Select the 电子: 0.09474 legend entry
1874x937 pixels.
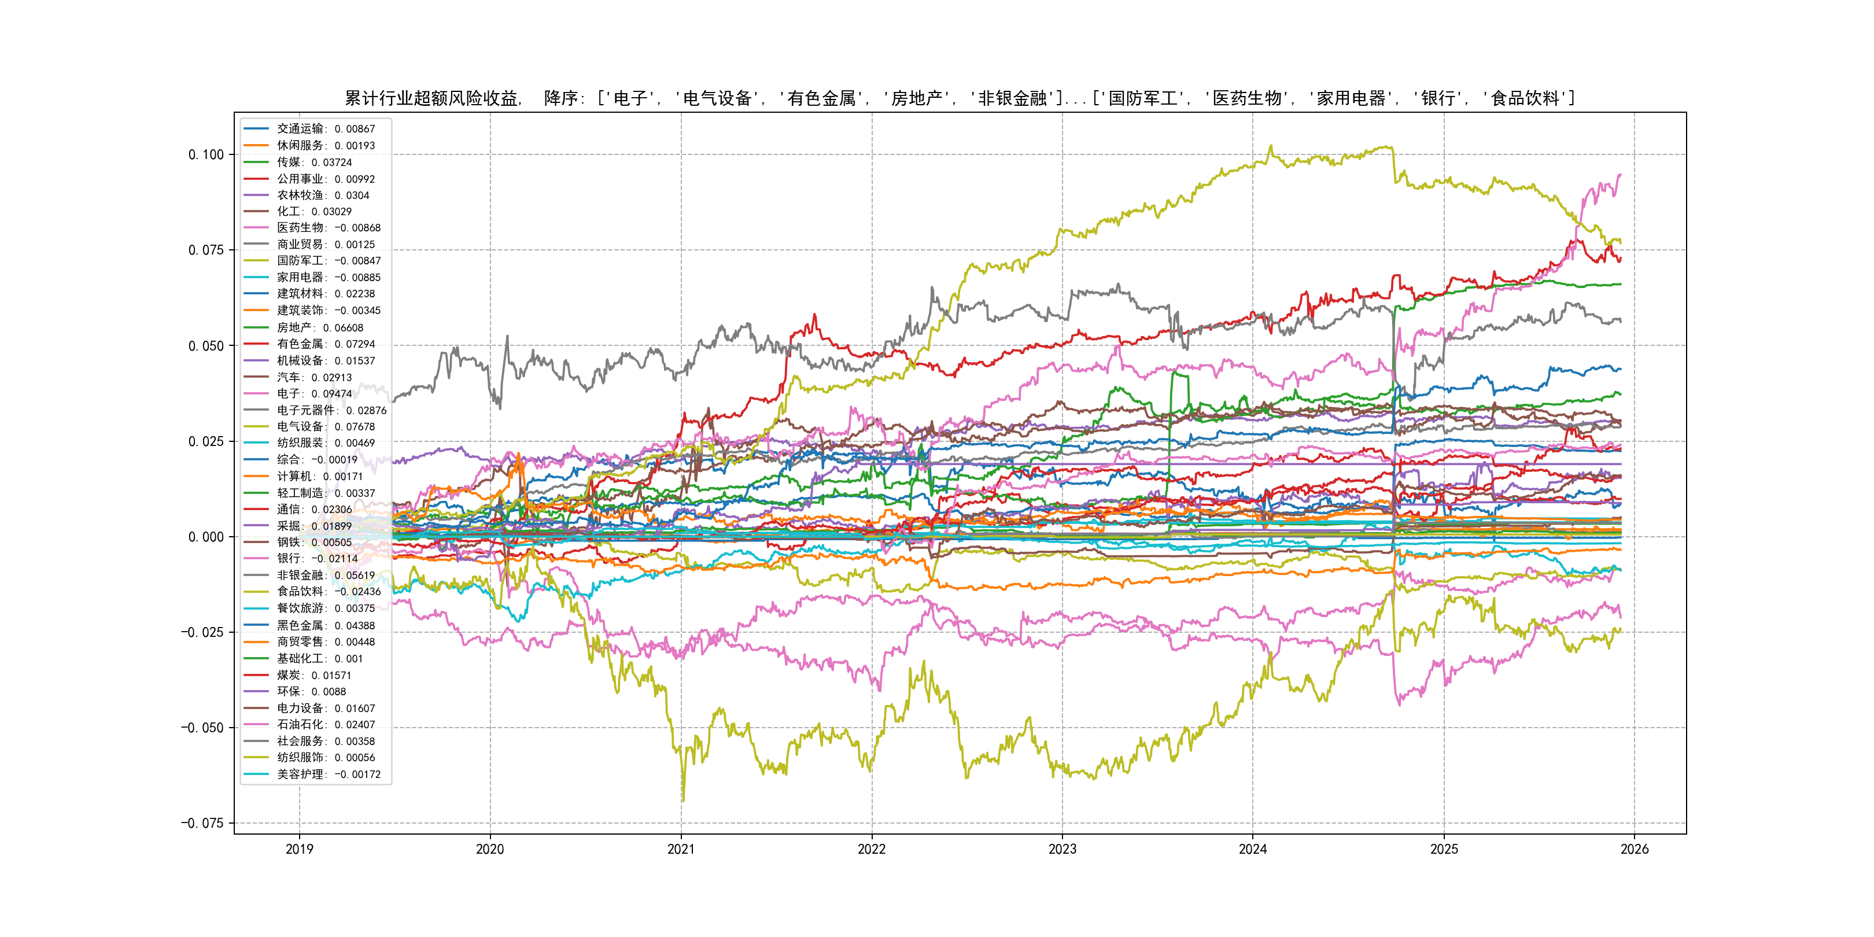pos(313,393)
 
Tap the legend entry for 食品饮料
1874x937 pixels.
pos(328,592)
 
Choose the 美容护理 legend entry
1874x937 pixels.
pos(328,774)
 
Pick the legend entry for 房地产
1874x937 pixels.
pos(319,327)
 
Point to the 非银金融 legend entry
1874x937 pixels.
pos(325,576)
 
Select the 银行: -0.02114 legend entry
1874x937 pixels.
pos(316,559)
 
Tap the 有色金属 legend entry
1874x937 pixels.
pos(325,344)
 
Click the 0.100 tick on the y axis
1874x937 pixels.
pos(206,154)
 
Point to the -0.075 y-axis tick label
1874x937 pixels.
pos(202,823)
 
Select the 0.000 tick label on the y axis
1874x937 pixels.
pos(206,537)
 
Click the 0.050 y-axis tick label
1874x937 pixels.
pos(206,345)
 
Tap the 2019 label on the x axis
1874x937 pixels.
pos(299,849)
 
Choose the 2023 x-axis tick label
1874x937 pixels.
pos(1062,849)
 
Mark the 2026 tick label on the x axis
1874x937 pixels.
pos(1635,849)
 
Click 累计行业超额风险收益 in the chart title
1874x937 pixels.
pos(431,98)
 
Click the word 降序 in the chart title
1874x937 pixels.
pos(560,98)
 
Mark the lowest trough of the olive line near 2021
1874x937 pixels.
pos(683,801)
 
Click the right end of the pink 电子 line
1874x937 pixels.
pos(1620,175)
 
